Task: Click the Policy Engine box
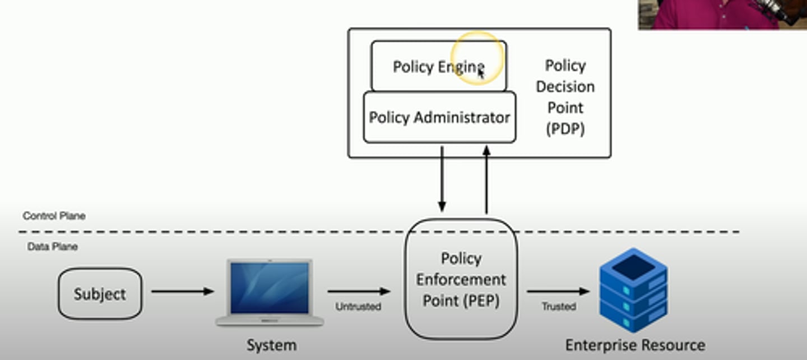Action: pos(438,66)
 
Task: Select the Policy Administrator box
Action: pos(439,117)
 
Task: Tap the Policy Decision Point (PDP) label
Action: pos(565,97)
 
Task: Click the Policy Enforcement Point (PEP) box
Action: pos(461,279)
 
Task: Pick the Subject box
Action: pos(100,294)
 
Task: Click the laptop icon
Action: pos(270,292)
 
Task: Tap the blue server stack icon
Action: pos(633,290)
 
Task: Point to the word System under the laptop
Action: pos(271,344)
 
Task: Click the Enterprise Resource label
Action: pos(635,344)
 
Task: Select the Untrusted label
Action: pos(358,307)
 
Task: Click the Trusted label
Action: pos(558,307)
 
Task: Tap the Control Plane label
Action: pos(54,216)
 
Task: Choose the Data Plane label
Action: pos(53,247)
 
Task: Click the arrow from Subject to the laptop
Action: pos(182,292)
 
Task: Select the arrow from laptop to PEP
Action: pos(359,292)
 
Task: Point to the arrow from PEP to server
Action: pos(558,292)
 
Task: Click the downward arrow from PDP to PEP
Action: pos(442,179)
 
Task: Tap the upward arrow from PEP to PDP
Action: pos(486,179)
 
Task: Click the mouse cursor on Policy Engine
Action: pos(481,72)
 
